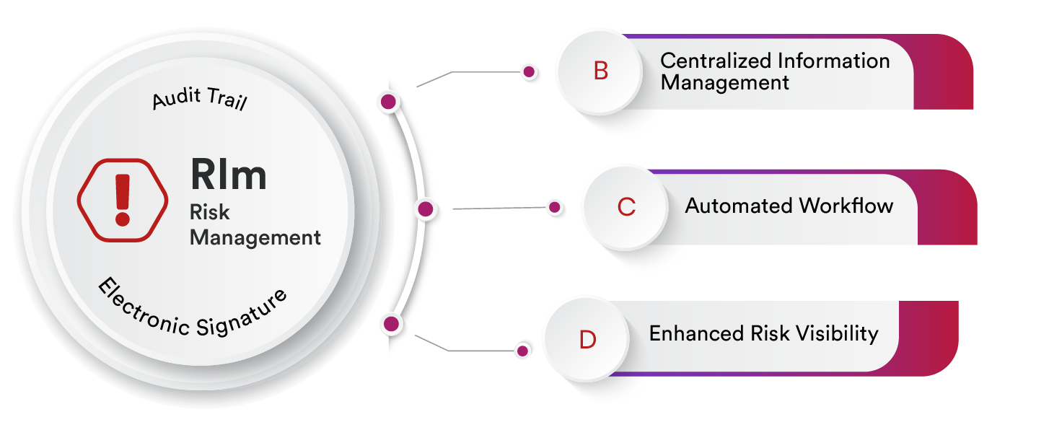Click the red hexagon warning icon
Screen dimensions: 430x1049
click(123, 198)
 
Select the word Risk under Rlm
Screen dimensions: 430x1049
click(209, 212)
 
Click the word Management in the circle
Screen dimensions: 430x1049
click(255, 237)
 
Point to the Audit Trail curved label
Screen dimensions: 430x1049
click(200, 100)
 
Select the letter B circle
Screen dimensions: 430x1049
click(600, 71)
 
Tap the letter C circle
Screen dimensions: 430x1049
click(626, 207)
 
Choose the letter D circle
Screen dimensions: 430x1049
click(587, 339)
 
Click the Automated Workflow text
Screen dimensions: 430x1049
click(789, 206)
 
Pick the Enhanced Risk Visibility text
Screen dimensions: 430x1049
click(763, 333)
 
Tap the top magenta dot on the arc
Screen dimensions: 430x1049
click(389, 102)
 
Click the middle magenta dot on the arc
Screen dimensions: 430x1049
click(426, 209)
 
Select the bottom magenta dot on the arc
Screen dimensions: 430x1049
click(391, 324)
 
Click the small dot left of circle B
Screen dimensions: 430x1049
click(529, 72)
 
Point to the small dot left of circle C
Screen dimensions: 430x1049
click(554, 208)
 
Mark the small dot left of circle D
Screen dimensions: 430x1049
click(522, 351)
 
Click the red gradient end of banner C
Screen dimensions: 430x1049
click(952, 209)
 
